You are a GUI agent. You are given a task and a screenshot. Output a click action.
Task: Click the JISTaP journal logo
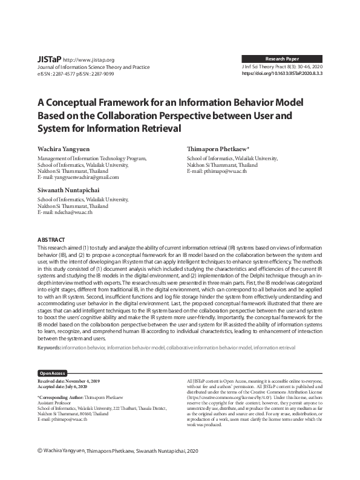point(49,60)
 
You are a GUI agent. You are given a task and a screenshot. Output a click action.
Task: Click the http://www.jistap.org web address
point(89,60)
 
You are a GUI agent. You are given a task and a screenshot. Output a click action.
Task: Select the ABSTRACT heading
point(51,241)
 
